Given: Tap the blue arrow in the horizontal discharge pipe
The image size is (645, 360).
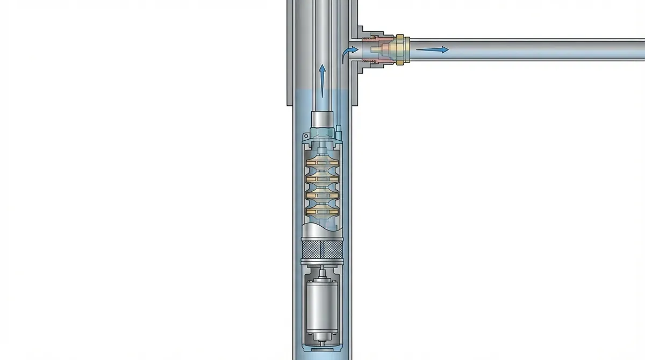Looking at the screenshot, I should pyautogui.click(x=433, y=50).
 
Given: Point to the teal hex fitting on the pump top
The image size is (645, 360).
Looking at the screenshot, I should pyautogui.click(x=321, y=131).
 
